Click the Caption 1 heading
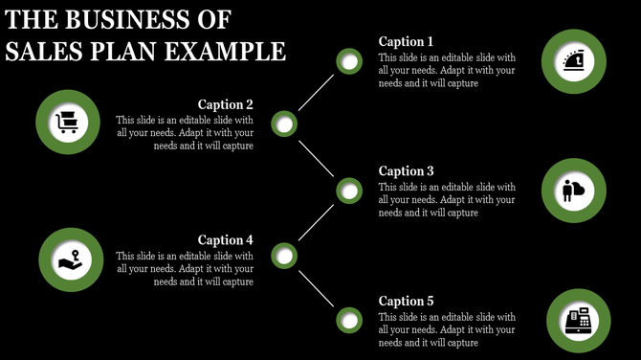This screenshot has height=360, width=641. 407,41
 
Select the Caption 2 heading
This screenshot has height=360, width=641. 225,104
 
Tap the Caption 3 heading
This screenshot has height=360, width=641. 407,171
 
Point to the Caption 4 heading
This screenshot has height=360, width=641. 225,240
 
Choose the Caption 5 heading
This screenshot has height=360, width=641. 407,301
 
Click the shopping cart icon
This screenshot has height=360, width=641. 69,123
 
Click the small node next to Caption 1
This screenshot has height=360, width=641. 350,63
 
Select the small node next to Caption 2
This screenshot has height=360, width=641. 284,124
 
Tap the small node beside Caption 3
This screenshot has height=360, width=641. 350,191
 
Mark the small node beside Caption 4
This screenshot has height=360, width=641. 284,256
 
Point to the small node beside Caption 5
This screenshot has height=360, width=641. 350,320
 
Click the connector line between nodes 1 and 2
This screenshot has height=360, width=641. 317,94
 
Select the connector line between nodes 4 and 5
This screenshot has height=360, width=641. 317,287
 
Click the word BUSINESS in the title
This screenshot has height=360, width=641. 136,19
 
